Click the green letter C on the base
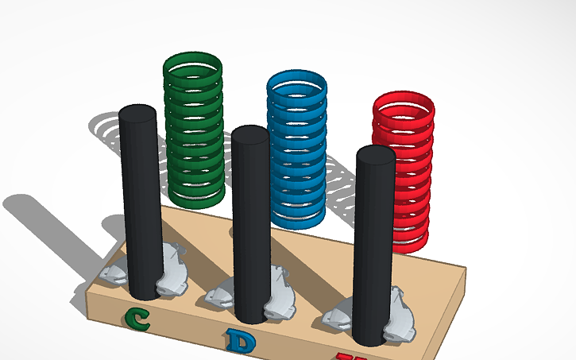pos(137,319)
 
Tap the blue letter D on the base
pos(237,341)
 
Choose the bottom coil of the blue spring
pos(298,215)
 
